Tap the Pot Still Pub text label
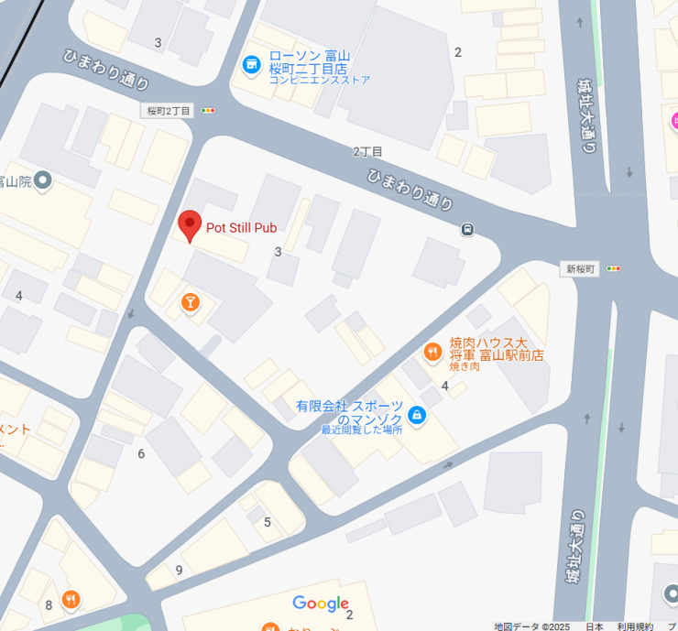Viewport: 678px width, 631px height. [x=241, y=228]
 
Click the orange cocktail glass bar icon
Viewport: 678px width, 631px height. [x=191, y=302]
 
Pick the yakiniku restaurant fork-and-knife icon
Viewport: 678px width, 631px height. [x=432, y=351]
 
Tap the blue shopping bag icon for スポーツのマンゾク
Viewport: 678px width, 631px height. [x=417, y=416]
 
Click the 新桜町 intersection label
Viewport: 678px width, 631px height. [x=581, y=268]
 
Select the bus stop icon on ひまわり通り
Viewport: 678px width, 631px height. [x=468, y=229]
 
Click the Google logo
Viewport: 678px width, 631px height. [x=321, y=604]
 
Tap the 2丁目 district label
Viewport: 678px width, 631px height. [x=367, y=151]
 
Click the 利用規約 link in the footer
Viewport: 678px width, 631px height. [x=635, y=626]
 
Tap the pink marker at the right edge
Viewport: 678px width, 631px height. [x=673, y=120]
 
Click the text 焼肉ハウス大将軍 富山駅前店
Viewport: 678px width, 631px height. [x=496, y=348]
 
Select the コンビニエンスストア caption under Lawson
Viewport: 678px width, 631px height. [x=320, y=80]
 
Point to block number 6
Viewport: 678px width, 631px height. [x=141, y=453]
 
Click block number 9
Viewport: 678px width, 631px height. [x=180, y=570]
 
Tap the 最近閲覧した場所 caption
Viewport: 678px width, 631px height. [x=361, y=430]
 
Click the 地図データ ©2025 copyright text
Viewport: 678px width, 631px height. [x=531, y=626]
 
